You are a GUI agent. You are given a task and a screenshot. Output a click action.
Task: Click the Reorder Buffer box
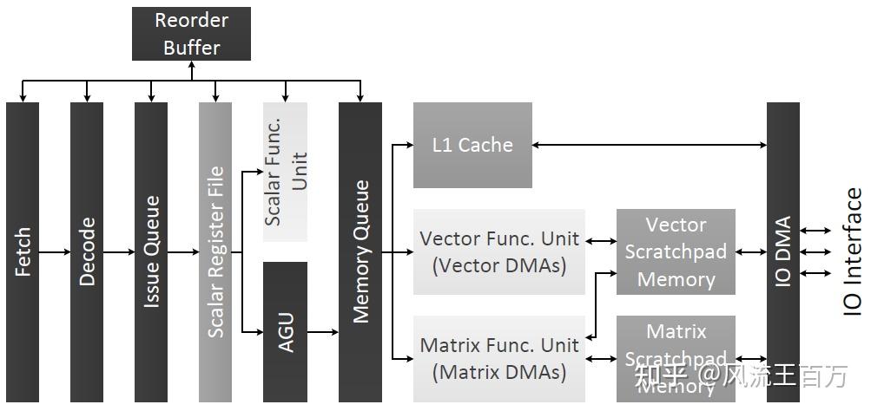click(x=191, y=34)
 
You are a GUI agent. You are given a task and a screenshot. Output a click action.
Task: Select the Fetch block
click(x=23, y=251)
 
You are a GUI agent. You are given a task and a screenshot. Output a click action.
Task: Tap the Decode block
click(x=87, y=251)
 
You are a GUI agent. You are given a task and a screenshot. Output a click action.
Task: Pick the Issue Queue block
click(x=151, y=251)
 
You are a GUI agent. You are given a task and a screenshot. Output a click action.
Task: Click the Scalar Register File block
click(x=215, y=251)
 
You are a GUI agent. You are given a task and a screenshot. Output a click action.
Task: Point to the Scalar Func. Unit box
click(x=285, y=172)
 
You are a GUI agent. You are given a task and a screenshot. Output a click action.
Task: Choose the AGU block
click(x=285, y=331)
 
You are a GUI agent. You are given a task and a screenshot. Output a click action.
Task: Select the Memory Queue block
click(x=360, y=251)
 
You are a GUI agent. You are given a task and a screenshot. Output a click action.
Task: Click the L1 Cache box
click(x=472, y=145)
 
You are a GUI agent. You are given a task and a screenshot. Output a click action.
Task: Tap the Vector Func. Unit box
click(x=498, y=251)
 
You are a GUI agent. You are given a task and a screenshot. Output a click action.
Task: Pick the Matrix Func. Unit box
click(x=498, y=358)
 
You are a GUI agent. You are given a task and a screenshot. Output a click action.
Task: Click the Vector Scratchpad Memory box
click(x=676, y=251)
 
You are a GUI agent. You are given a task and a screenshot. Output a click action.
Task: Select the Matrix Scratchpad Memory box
click(x=676, y=358)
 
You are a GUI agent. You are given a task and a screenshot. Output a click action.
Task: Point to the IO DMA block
click(x=782, y=251)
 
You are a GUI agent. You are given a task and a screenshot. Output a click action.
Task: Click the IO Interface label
click(x=853, y=251)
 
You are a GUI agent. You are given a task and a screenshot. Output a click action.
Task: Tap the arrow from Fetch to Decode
click(x=55, y=252)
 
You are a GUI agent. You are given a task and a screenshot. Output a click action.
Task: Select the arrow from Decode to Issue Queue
click(x=119, y=252)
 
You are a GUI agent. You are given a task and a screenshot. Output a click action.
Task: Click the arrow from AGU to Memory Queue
click(x=323, y=331)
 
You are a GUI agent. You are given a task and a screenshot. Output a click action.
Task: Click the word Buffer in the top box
click(x=191, y=47)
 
